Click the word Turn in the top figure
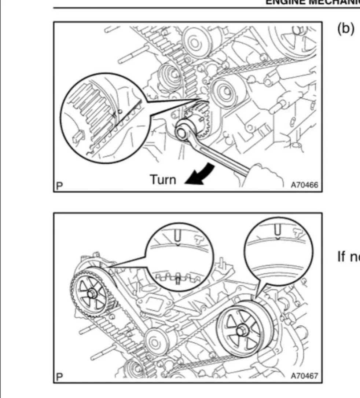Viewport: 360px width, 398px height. coord(163,179)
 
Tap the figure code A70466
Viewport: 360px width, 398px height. coord(304,186)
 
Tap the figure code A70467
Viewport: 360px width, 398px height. coord(304,376)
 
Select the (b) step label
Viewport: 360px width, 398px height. coord(346,29)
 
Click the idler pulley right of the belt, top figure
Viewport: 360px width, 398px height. coord(223,90)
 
